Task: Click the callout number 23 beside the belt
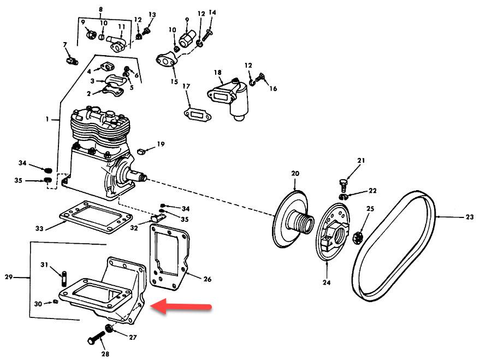(x=470, y=217)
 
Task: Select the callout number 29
(x=8, y=278)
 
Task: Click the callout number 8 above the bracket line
(x=100, y=9)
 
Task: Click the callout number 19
(x=161, y=144)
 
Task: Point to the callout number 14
(x=212, y=13)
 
